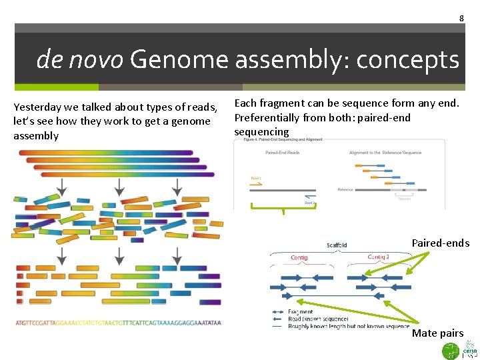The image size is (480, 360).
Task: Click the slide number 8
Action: (x=461, y=18)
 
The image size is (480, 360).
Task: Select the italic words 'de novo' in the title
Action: (x=80, y=60)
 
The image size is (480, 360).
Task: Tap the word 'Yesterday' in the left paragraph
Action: (x=38, y=107)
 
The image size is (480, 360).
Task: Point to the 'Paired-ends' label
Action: (x=440, y=243)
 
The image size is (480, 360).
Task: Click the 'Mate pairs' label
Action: (x=437, y=333)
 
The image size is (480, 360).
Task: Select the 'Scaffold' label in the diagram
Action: (x=337, y=245)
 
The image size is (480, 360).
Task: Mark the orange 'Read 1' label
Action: (x=256, y=179)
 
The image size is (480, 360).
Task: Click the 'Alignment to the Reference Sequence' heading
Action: (x=385, y=153)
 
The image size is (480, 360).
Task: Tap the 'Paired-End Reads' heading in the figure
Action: (x=283, y=153)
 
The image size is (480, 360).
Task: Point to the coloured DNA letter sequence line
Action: (x=118, y=323)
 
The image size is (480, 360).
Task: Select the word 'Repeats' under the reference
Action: (x=405, y=199)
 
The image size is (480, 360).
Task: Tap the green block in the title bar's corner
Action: (x=57, y=87)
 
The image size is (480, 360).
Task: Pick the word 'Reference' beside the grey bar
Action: (x=345, y=189)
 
